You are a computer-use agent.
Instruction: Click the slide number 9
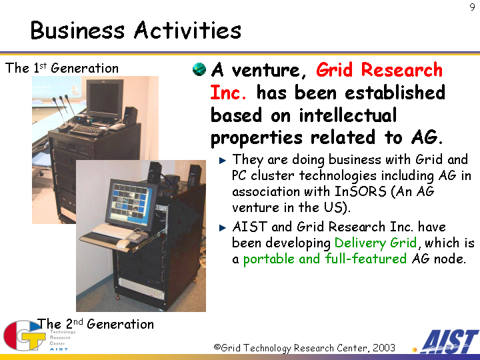(472, 7)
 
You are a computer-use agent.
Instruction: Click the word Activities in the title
(187, 30)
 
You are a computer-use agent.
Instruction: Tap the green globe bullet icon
(199, 69)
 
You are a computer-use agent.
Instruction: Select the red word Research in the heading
(401, 70)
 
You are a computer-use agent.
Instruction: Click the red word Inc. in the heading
(228, 93)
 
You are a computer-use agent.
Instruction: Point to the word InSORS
(360, 191)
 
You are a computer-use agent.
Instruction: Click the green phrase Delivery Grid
(375, 243)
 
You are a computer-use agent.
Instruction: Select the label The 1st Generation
(62, 68)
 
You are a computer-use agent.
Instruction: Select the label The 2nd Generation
(95, 324)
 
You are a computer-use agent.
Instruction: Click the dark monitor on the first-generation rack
(105, 99)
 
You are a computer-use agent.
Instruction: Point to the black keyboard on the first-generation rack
(87, 130)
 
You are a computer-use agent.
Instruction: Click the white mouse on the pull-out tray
(123, 244)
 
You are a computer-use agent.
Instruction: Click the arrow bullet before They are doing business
(223, 161)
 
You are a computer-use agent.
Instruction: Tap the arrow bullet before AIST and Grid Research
(223, 228)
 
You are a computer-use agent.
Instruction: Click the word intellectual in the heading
(348, 115)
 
